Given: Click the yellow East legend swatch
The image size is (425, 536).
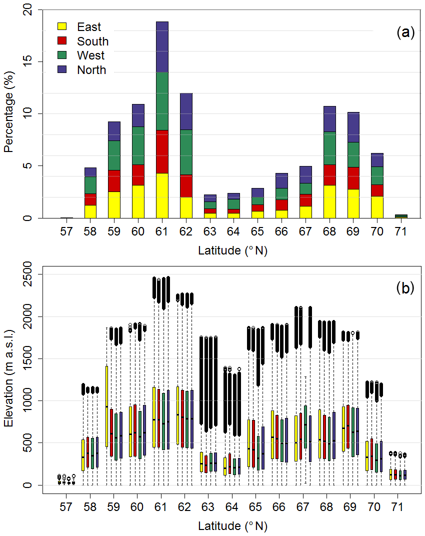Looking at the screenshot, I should click(62, 27).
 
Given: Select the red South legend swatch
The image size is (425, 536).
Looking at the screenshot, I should click(62, 41).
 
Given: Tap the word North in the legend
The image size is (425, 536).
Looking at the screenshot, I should click(91, 70).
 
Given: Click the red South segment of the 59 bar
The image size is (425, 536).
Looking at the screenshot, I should click(114, 181).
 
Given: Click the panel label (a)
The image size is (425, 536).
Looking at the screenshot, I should click(405, 33).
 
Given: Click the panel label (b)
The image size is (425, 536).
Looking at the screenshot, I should click(405, 288).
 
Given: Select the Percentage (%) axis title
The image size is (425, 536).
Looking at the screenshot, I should click(8, 114).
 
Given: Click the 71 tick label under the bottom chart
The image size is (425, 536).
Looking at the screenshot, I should click(398, 507).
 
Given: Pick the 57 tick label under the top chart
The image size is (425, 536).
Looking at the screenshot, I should click(66, 232).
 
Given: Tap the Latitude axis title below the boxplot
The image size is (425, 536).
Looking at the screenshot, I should click(232, 526).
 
